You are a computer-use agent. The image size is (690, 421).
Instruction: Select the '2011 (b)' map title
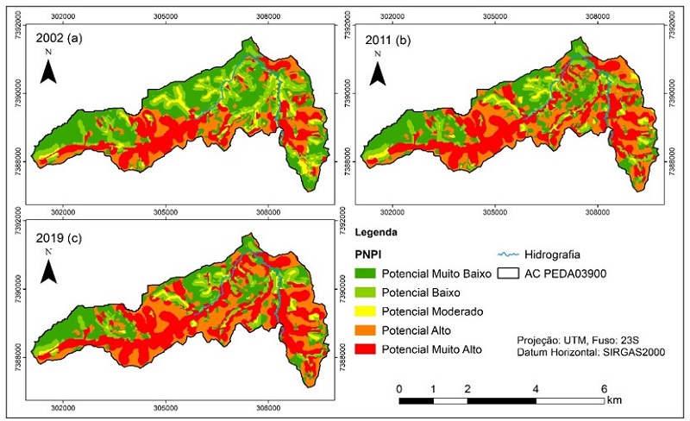(391, 38)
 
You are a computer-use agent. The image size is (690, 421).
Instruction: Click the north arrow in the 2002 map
(49, 68)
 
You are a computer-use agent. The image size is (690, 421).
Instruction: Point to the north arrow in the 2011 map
(378, 69)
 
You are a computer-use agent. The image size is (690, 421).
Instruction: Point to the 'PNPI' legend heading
(369, 254)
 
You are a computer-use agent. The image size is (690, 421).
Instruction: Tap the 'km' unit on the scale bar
(614, 401)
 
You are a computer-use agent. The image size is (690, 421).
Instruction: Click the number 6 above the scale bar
(603, 388)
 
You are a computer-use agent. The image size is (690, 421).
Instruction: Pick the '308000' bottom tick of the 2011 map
(598, 211)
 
